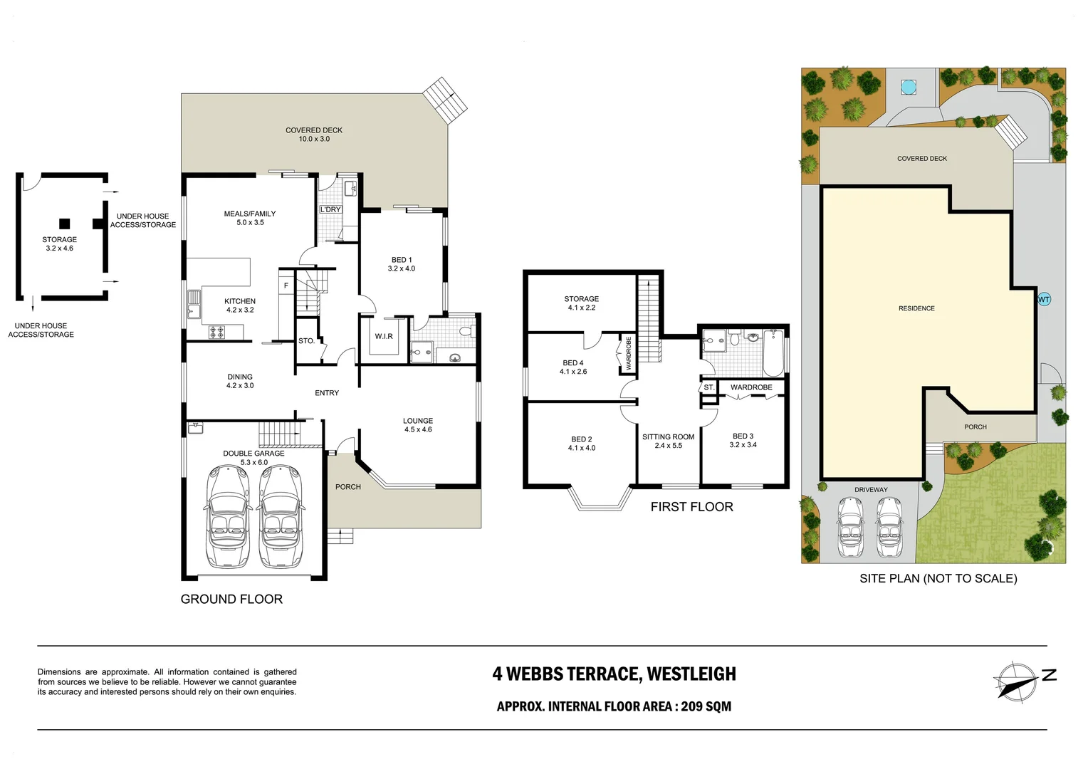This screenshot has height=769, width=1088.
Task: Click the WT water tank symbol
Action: (1043, 300)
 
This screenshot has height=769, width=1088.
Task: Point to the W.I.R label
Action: (384, 337)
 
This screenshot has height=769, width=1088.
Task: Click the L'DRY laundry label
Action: (330, 209)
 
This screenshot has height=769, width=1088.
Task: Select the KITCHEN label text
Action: (240, 302)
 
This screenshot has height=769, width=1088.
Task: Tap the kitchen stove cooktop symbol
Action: (216, 332)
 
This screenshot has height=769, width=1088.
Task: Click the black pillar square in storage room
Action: (65, 223)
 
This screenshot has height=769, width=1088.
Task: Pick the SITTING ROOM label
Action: (668, 437)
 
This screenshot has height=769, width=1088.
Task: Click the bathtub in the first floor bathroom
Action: (773, 353)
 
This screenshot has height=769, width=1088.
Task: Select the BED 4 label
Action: (572, 363)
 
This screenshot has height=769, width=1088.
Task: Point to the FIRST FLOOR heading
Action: (691, 507)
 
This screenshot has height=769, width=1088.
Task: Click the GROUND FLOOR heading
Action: (231, 600)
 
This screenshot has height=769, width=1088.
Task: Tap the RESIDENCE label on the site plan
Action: (916, 308)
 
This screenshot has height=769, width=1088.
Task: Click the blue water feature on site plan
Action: (908, 87)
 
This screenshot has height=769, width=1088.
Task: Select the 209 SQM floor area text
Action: (706, 706)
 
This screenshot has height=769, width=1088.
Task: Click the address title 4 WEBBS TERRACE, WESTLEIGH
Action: (614, 674)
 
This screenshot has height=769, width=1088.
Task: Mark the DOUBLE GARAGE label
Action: (253, 454)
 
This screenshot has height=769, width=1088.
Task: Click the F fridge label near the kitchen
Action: (286, 286)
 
